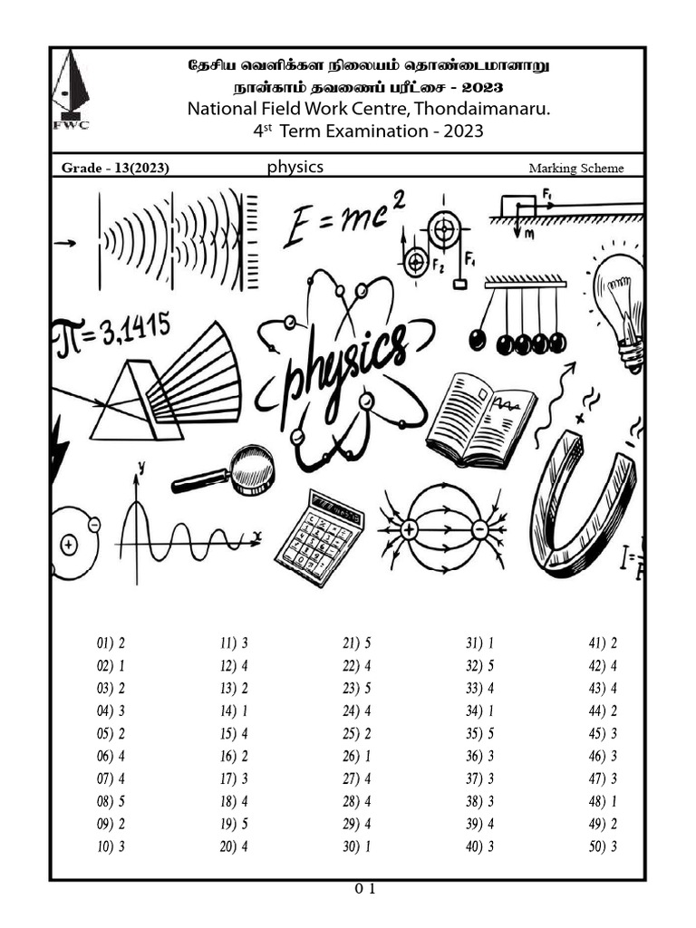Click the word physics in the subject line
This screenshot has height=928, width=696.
coord(295,167)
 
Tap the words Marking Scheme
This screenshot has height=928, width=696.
coord(576,169)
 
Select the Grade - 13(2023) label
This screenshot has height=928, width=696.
coord(115,169)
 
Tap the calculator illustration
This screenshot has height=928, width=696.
coord(319,537)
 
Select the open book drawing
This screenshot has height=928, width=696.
coord(481,419)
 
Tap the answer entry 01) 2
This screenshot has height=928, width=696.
coord(111,643)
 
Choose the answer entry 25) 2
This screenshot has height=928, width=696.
coord(357,733)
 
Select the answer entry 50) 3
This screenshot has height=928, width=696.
coord(603,846)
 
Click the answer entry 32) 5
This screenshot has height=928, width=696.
coord(480,666)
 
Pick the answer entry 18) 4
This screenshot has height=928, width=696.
coord(234,801)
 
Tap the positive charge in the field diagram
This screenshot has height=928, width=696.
coord(410,529)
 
